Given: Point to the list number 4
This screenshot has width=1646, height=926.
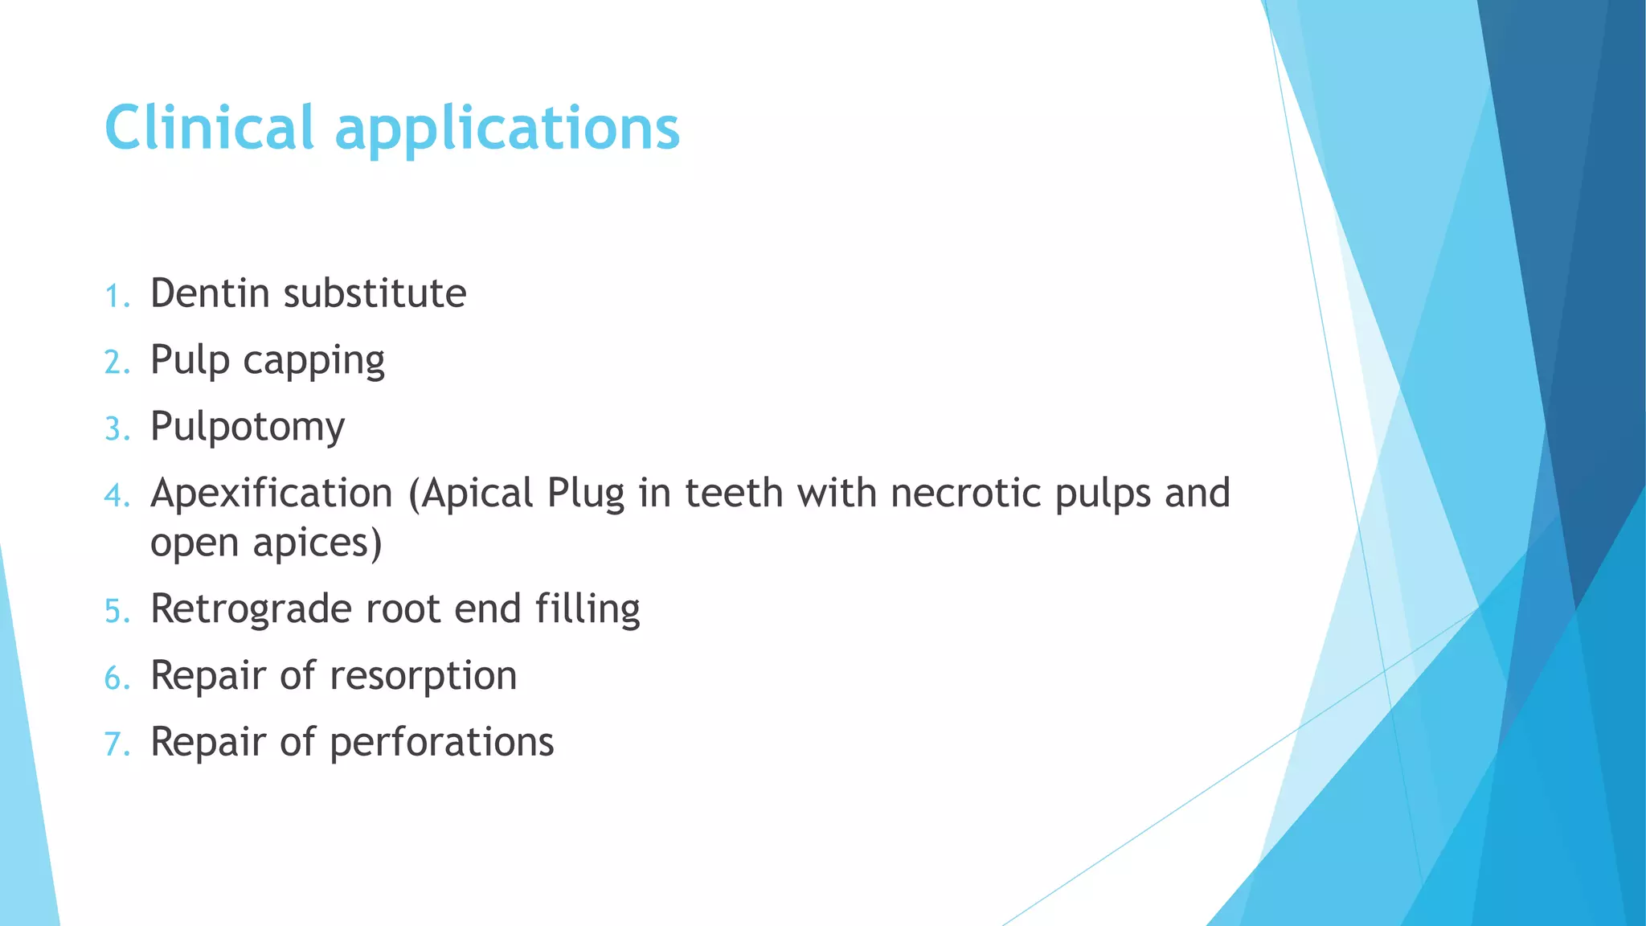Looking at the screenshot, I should (117, 496).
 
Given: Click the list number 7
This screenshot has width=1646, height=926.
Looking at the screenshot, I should (117, 744).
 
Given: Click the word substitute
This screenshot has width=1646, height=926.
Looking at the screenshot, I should (375, 293).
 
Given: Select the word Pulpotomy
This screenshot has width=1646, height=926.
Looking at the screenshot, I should (248, 428).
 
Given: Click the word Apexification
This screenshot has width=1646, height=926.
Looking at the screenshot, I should (272, 493).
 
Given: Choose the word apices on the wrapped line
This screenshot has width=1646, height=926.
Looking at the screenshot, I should (317, 544).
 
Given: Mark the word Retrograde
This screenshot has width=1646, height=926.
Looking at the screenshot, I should (251, 608).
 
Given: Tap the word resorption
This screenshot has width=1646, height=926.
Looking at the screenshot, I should (424, 677).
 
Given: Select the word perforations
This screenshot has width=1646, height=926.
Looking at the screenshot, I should (442, 742).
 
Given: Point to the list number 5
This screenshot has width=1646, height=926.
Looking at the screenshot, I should (117, 612).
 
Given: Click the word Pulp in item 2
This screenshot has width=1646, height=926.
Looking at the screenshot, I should (190, 361).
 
